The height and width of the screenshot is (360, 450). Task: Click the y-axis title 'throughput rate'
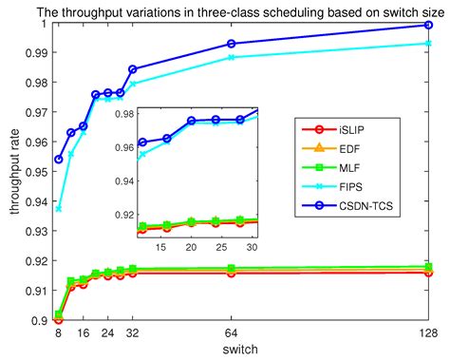click(x=12, y=173)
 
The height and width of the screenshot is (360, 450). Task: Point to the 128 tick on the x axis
click(x=429, y=332)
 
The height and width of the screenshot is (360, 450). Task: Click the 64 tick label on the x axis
click(x=232, y=332)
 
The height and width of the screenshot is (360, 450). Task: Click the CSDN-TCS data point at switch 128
click(x=429, y=25)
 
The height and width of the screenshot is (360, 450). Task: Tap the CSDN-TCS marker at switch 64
click(x=232, y=44)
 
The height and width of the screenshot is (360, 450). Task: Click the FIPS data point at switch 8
click(x=59, y=208)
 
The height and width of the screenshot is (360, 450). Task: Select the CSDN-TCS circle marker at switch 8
click(x=59, y=159)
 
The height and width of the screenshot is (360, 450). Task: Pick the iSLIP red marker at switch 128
click(x=429, y=273)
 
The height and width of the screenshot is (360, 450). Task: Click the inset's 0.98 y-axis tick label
click(x=121, y=111)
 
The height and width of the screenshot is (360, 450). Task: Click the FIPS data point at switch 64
click(x=232, y=58)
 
